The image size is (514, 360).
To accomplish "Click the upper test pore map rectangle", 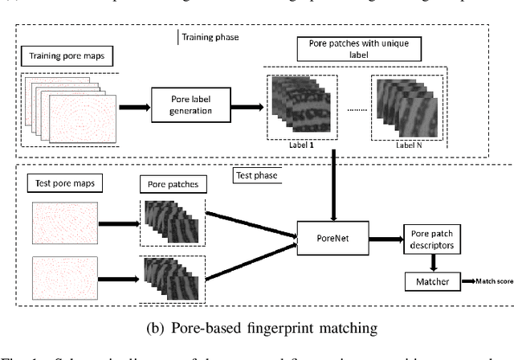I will click(65, 221).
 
